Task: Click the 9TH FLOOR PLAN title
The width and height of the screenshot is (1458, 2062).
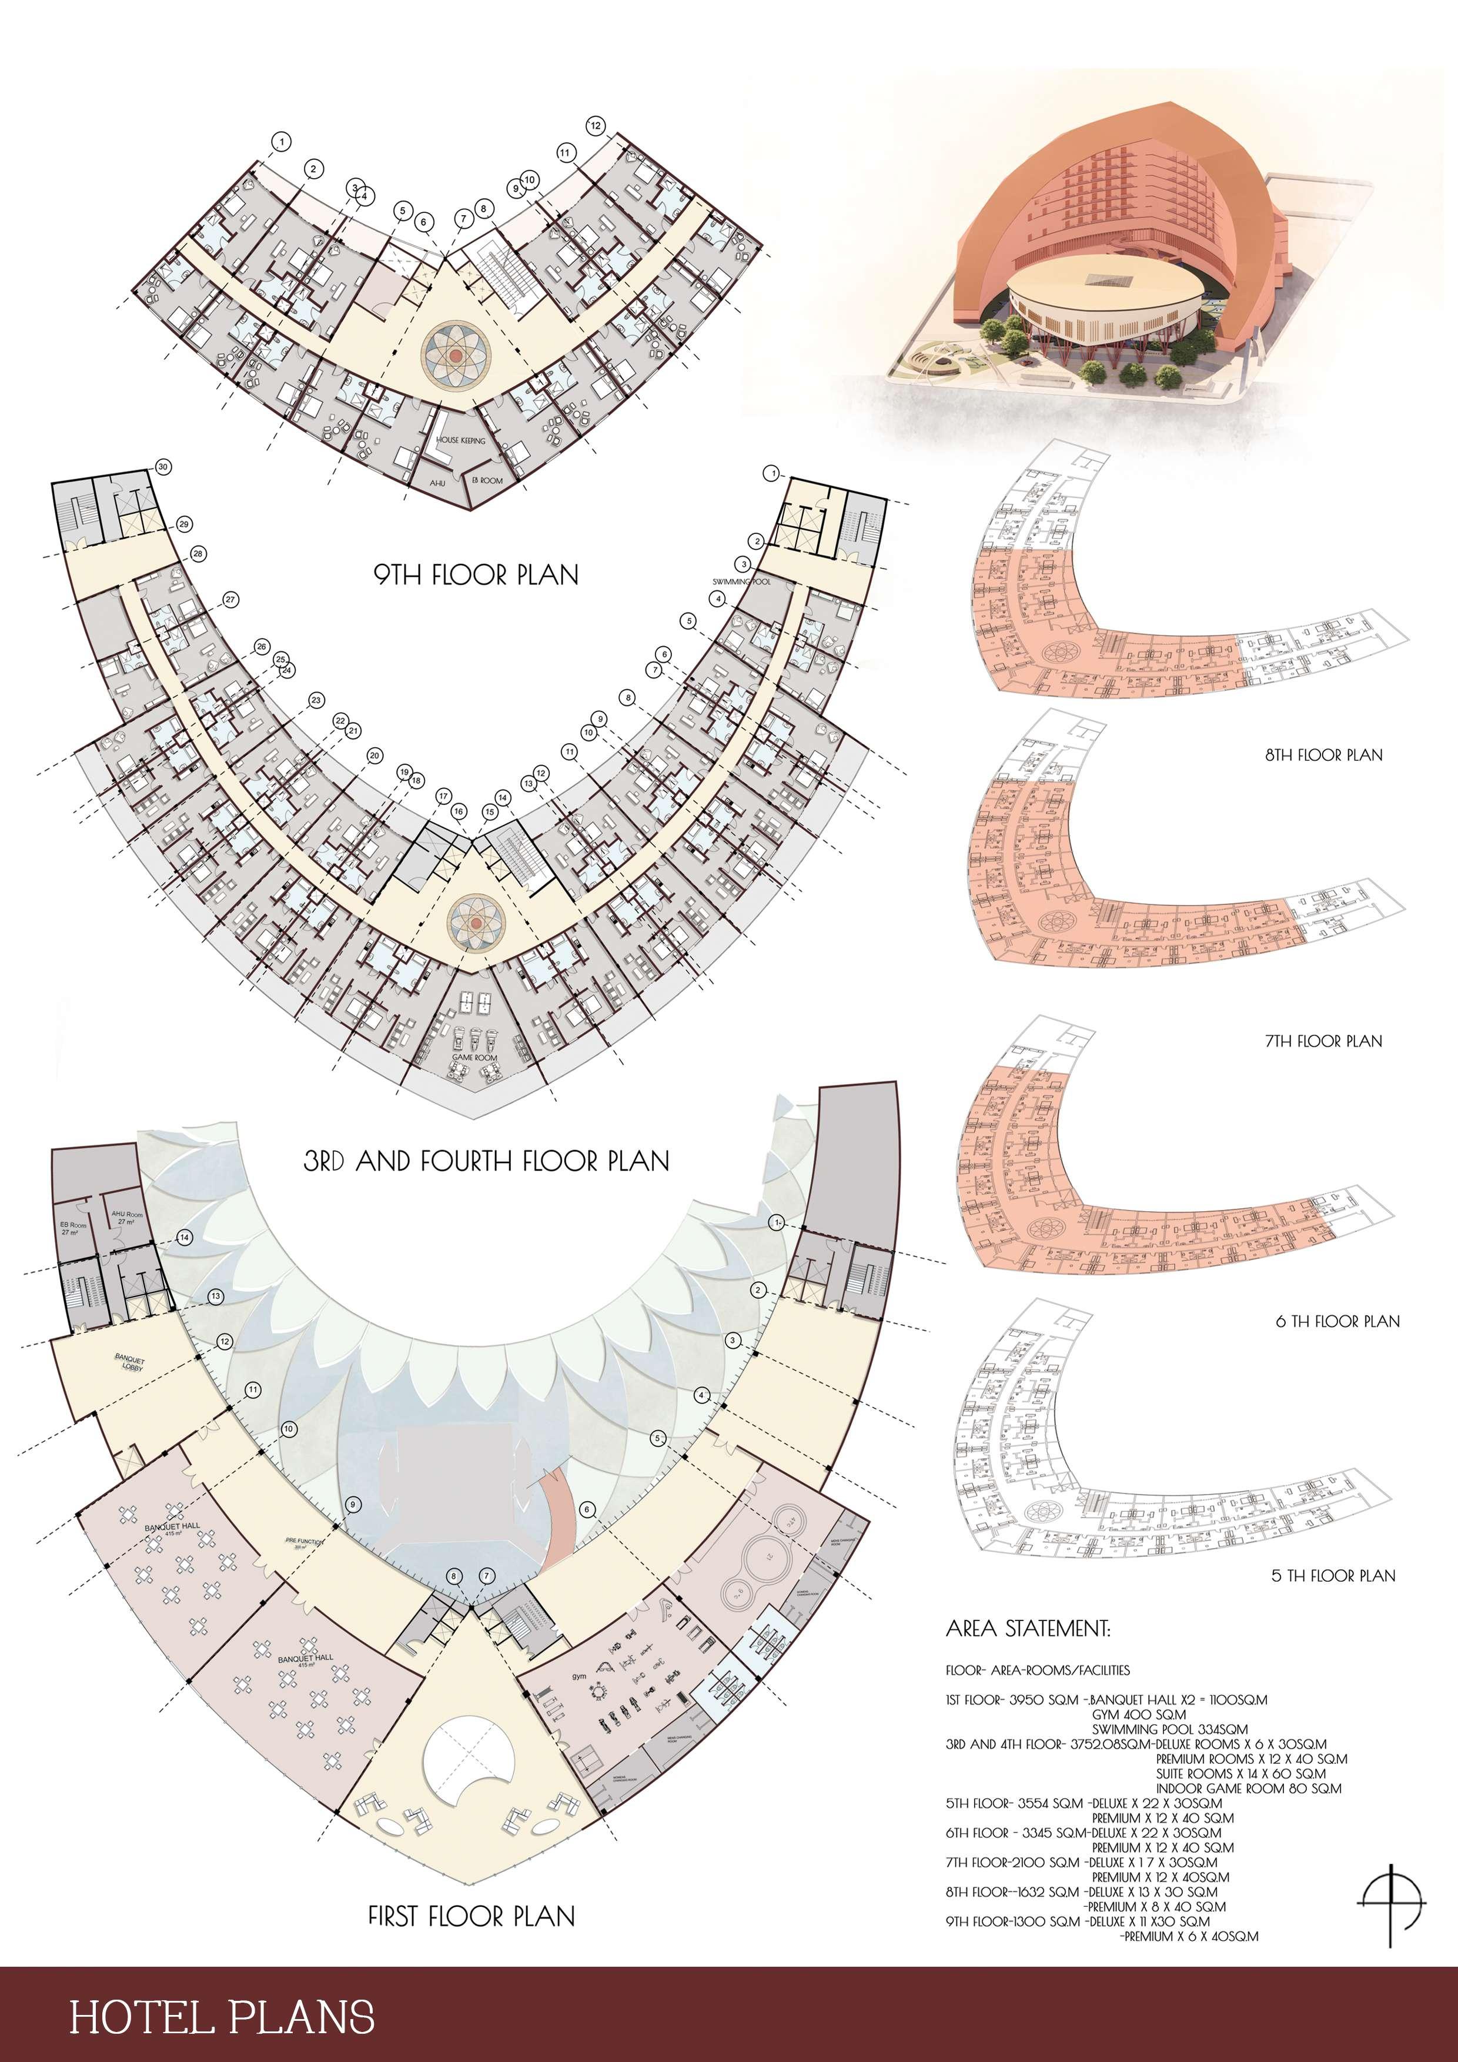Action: [x=476, y=575]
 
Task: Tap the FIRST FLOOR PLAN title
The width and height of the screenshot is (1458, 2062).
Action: [x=471, y=1917]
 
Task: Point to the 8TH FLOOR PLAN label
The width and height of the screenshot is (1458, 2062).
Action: [x=1323, y=756]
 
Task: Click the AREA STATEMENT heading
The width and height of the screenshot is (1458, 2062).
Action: [x=1028, y=1628]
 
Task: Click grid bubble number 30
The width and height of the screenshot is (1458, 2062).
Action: [x=162, y=467]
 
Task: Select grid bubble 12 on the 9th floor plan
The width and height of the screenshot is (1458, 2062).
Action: [x=595, y=126]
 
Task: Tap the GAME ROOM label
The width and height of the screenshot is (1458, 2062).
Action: [x=474, y=1057]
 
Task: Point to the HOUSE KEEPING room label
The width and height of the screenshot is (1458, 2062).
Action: [x=460, y=440]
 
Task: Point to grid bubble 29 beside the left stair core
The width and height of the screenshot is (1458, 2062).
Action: [x=184, y=523]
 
